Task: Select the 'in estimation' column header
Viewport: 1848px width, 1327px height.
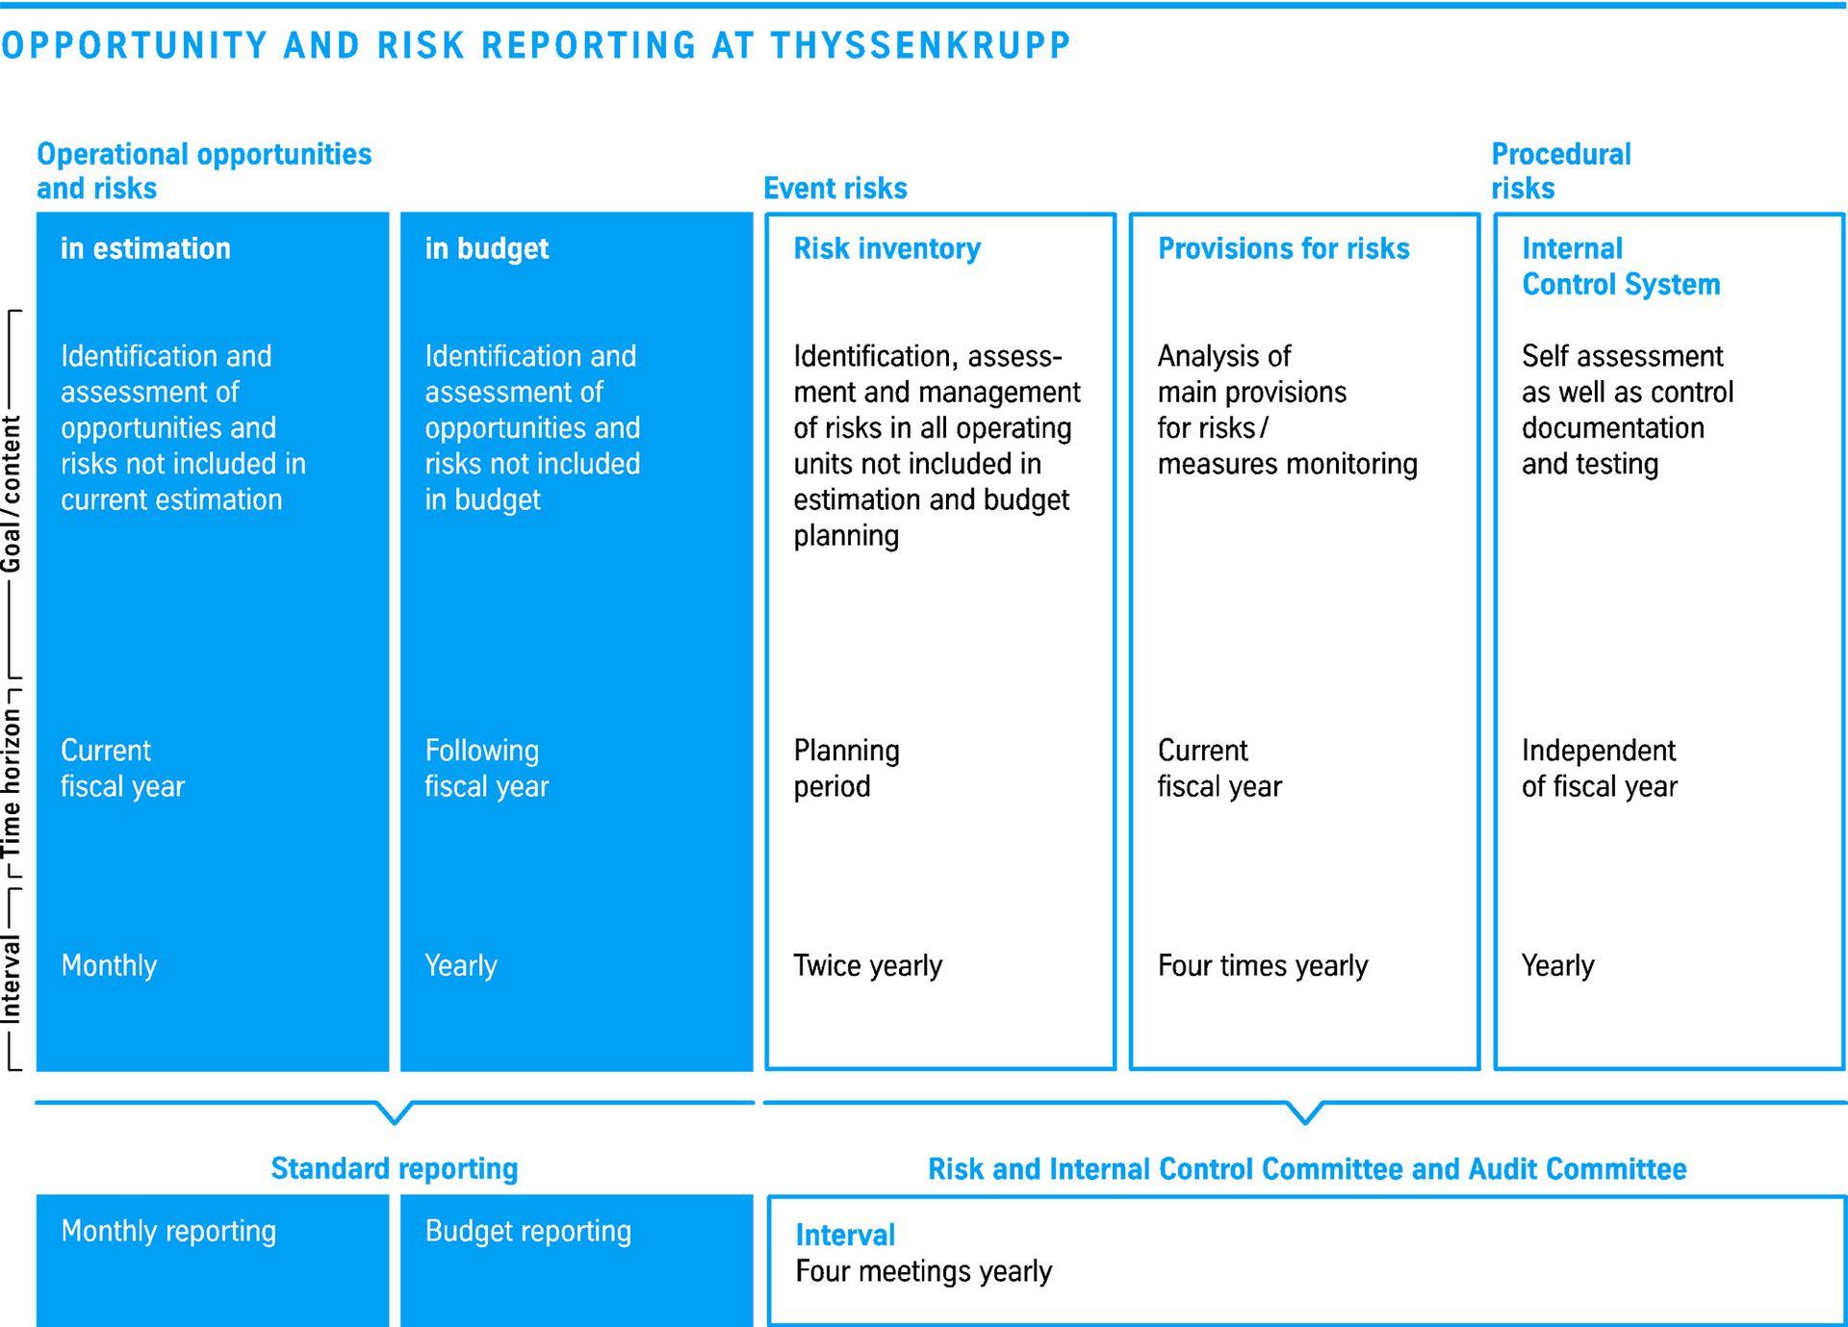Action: click(145, 248)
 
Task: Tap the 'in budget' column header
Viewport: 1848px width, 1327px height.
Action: click(487, 249)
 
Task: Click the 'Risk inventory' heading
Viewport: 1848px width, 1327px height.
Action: click(886, 249)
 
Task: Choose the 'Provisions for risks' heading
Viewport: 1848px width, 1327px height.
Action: click(1283, 248)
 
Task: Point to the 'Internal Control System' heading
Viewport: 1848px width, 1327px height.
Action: click(1621, 267)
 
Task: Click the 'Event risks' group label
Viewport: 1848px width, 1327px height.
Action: click(835, 188)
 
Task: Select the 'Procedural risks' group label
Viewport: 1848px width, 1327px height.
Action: click(1561, 170)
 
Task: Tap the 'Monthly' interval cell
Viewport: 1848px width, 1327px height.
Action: click(109, 965)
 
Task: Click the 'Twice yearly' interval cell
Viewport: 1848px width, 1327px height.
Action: click(867, 965)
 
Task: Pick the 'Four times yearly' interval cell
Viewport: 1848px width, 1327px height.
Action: click(1262, 965)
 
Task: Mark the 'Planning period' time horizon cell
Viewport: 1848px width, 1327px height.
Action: click(846, 768)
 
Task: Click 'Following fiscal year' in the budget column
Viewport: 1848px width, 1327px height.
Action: click(487, 768)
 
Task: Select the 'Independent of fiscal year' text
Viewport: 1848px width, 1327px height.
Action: click(1599, 768)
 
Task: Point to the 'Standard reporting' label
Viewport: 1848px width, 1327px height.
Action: click(395, 1168)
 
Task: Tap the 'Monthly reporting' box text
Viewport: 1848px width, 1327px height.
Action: click(168, 1231)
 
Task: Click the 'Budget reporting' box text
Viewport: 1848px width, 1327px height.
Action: click(528, 1231)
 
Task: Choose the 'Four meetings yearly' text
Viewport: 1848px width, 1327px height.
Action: click(923, 1271)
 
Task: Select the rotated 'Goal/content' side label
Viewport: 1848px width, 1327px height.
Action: click(11, 494)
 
